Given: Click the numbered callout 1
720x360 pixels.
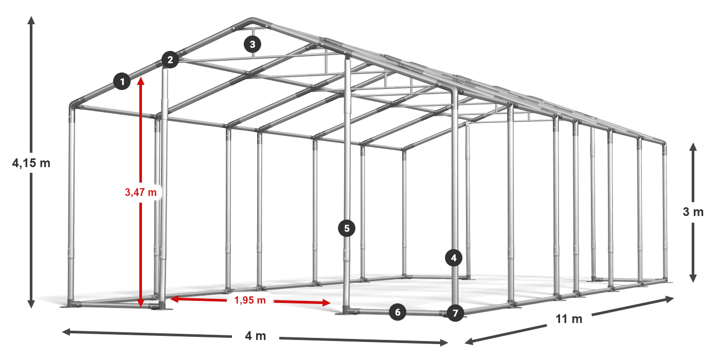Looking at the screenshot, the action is [x=122, y=81].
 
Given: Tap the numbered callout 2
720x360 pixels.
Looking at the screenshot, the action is [x=170, y=60].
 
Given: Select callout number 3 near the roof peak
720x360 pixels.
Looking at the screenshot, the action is [x=253, y=44].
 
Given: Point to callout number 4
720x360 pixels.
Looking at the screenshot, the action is [x=454, y=258].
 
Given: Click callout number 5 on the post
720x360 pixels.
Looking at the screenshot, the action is [x=347, y=228].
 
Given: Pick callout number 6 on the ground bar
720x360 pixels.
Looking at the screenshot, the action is [x=398, y=312].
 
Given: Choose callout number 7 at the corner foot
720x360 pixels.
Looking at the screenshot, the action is [x=455, y=313].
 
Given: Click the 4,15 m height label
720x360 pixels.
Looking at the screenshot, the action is [x=31, y=164].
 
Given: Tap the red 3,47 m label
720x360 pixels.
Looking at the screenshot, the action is [x=140, y=192].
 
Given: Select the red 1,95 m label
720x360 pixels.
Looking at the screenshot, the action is [x=250, y=300].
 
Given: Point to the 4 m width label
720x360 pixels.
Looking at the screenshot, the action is [x=256, y=336].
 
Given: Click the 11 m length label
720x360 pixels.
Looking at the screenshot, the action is [x=569, y=319].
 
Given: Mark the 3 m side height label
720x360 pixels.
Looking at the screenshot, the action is [x=693, y=212].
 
